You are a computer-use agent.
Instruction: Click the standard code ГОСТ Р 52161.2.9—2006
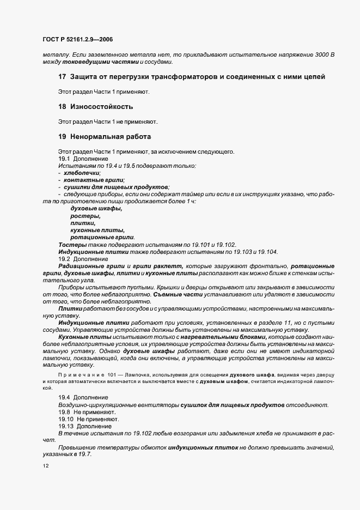tap(77, 39)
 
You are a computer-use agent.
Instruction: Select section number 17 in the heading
tap(62, 77)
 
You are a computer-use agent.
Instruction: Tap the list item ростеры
tap(82, 216)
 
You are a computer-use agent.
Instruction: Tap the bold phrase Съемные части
tap(173, 294)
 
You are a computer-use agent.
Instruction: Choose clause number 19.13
tap(66, 426)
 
